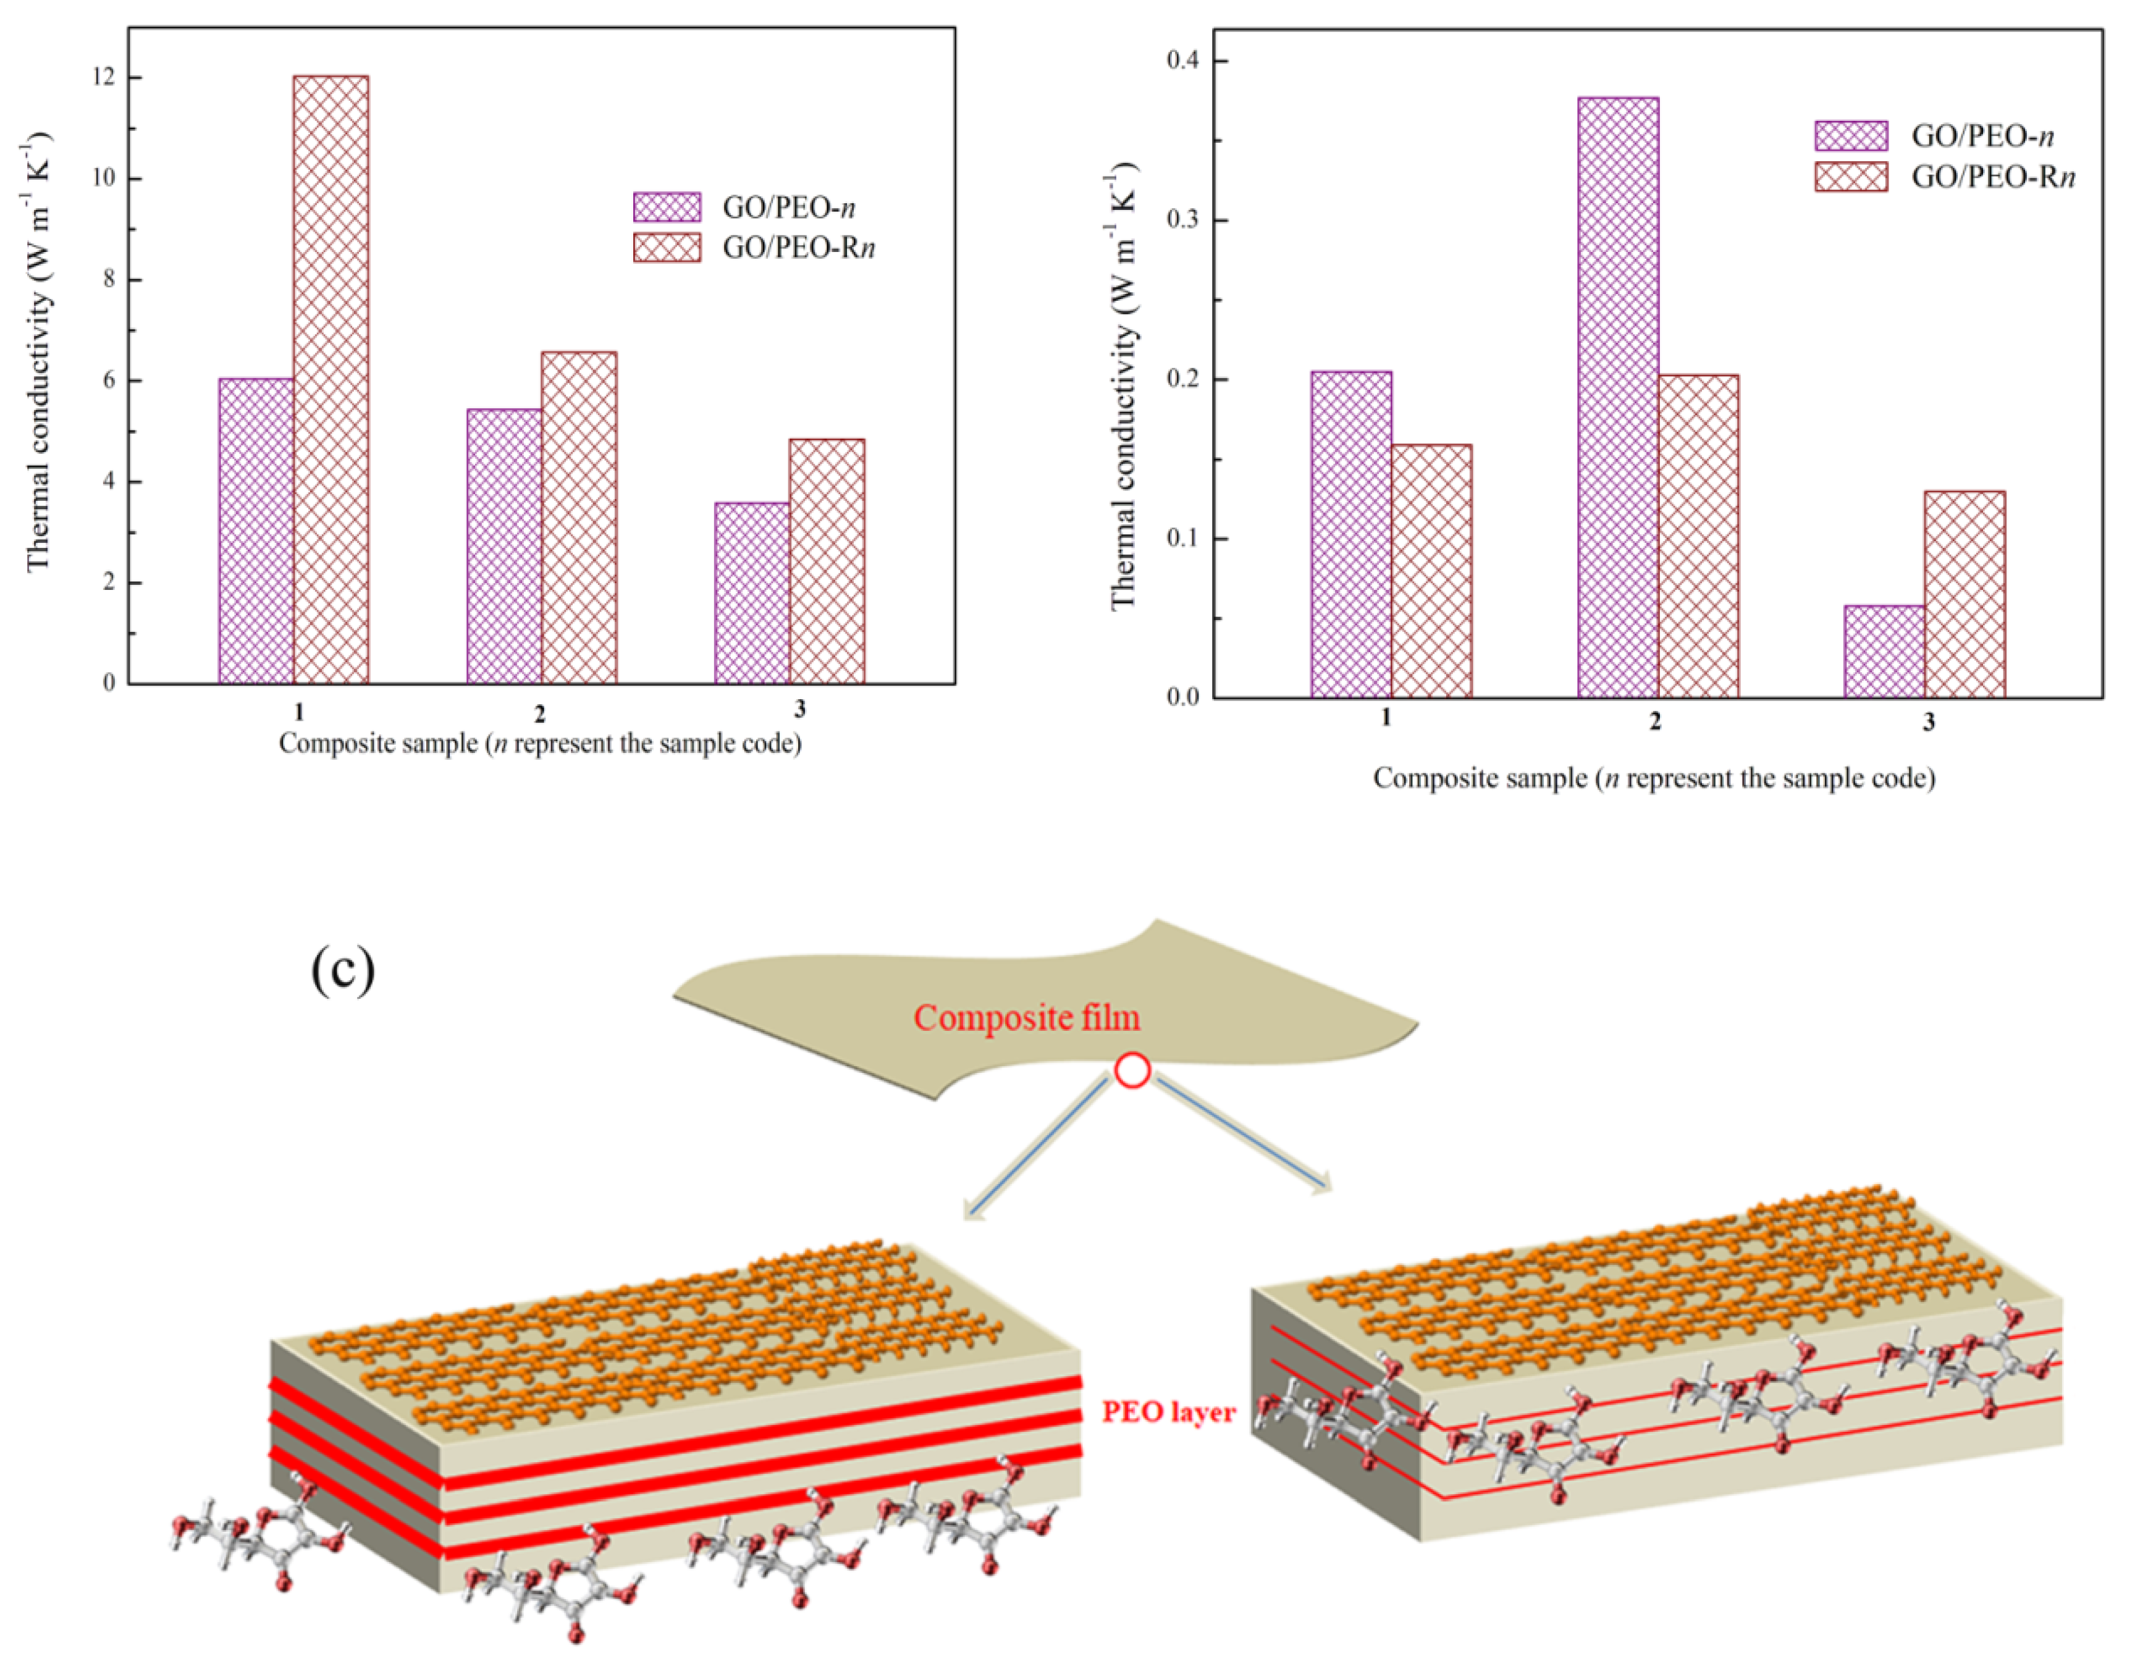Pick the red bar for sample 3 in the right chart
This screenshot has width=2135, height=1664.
coord(1964,594)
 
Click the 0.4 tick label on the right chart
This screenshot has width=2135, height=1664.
coord(1183,61)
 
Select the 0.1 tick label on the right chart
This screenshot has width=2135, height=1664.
coord(1183,539)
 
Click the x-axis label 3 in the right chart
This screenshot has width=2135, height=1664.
coord(1928,723)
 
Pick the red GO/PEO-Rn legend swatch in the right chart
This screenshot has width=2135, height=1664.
coord(1851,177)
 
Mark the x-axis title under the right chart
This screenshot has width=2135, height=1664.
coord(1654,778)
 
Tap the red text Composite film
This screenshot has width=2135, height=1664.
coord(1027,1018)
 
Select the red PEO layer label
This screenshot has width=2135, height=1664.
coord(1168,1412)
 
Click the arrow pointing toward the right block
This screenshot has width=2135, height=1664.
coord(1242,1134)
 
